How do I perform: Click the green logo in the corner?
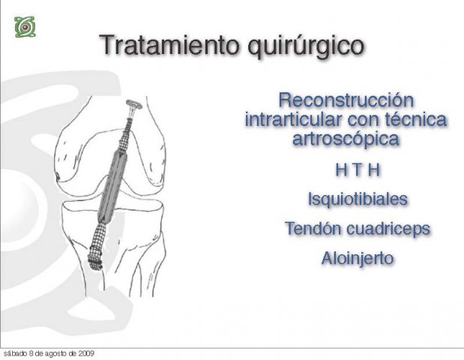25,27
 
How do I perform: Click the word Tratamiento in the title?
170,45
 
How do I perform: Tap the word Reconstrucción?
346,100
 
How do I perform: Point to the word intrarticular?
293,119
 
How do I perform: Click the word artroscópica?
346,139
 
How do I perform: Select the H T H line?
358,170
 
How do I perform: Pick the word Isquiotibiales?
358,199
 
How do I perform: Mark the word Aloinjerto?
358,259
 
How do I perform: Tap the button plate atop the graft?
134,104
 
